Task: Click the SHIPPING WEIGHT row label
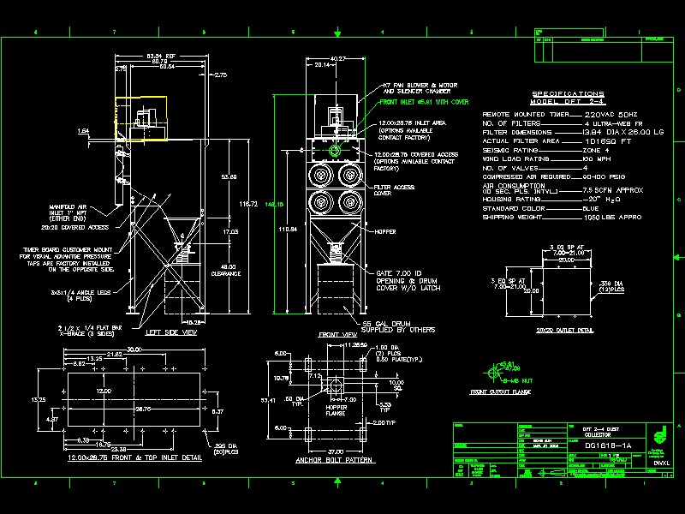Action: coord(516,217)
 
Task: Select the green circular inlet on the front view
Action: coord(334,149)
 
